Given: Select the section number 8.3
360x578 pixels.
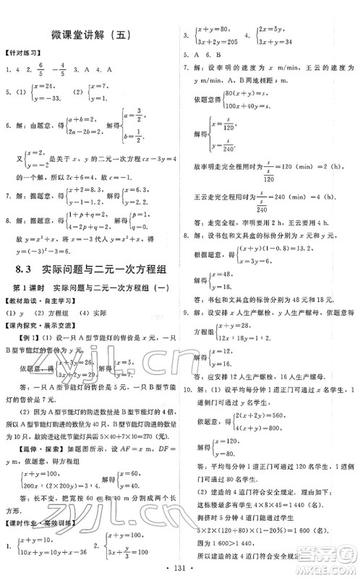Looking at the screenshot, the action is [x=26, y=270].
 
